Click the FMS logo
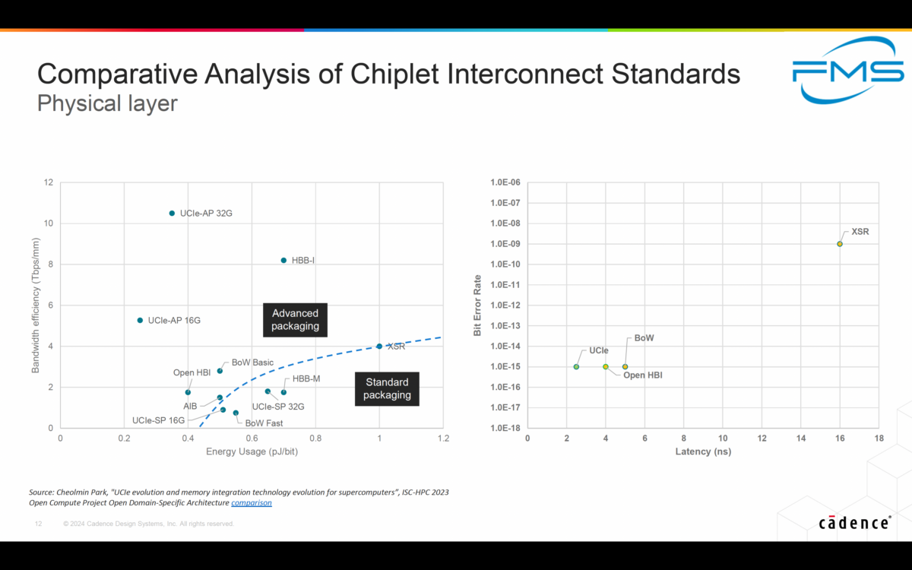847,71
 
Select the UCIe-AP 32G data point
172,214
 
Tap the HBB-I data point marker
283,261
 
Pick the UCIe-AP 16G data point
140,321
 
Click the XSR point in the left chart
379,347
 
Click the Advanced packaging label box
295,320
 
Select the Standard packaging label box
387,388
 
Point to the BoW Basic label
252,363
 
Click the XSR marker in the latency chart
840,244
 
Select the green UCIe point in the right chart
576,367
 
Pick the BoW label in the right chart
644,337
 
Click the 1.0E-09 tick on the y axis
505,244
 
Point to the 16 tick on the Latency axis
840,439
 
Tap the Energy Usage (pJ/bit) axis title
252,452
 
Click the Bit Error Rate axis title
477,306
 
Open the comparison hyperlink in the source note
251,503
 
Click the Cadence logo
855,523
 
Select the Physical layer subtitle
107,103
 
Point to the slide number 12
38,524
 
